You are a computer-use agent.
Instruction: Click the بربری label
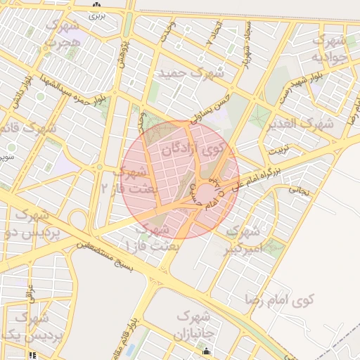pyautogui.click(x=96, y=14)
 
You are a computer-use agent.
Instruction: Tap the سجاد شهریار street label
pyautogui.click(x=245, y=44)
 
